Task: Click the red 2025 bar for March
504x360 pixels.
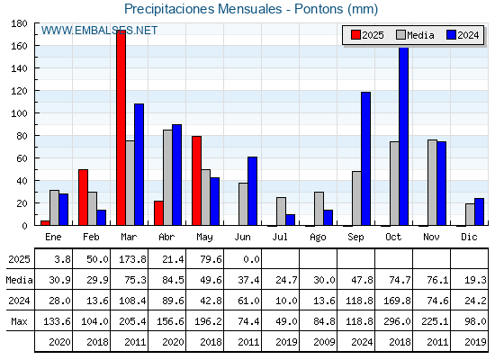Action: tap(121, 128)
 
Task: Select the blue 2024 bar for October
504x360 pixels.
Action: tap(404, 136)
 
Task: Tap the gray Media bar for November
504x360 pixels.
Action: tap(432, 183)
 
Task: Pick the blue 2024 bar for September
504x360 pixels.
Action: tap(365, 158)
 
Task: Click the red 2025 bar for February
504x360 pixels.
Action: tap(83, 197)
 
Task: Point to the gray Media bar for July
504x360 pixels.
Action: tap(281, 211)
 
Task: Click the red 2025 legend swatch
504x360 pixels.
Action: tap(355, 35)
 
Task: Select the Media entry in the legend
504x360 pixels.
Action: tap(415, 35)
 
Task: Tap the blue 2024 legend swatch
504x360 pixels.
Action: tap(451, 35)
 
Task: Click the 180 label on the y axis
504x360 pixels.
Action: tap(19, 23)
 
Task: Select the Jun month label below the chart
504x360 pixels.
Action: tap(242, 237)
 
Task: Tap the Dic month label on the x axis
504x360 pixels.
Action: tap(469, 237)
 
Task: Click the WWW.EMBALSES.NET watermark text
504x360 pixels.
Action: tap(99, 31)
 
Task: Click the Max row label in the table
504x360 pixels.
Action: tap(19, 321)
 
